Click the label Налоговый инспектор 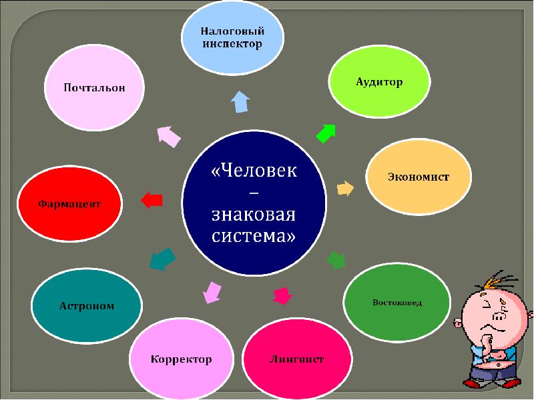click(x=233, y=37)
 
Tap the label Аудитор click(x=378, y=82)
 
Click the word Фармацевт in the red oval click(x=69, y=203)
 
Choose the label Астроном click(x=87, y=306)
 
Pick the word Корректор click(x=181, y=359)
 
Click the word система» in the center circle click(x=254, y=237)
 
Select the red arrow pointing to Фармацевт click(x=152, y=199)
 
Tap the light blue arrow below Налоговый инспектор click(x=240, y=102)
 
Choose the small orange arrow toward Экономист click(x=345, y=188)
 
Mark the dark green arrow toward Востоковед click(x=335, y=259)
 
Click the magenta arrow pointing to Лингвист click(x=283, y=295)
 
